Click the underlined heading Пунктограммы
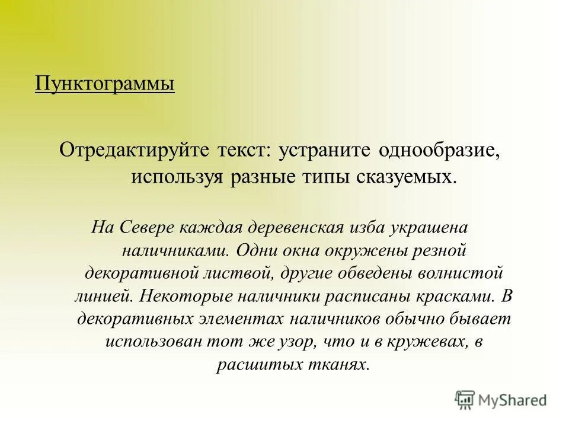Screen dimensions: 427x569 (104, 82)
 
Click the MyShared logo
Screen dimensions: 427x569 (501, 399)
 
